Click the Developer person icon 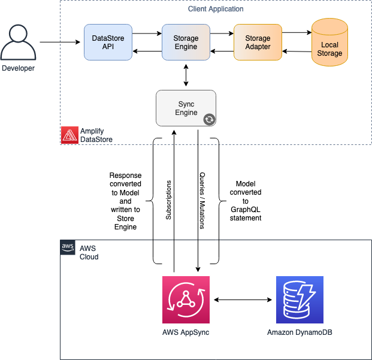[x=18, y=41]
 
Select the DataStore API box [x=108, y=43]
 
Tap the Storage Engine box [x=186, y=43]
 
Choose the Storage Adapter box [x=258, y=43]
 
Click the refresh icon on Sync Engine [x=209, y=119]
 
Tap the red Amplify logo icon [x=69, y=135]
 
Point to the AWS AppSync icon [x=186, y=300]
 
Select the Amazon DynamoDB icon [x=300, y=300]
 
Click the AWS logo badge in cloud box [x=67, y=247]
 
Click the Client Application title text [x=215, y=9]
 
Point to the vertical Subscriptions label [x=168, y=201]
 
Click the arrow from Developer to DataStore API [x=61, y=42]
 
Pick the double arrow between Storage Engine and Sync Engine [x=186, y=75]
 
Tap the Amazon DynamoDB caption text [x=300, y=331]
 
